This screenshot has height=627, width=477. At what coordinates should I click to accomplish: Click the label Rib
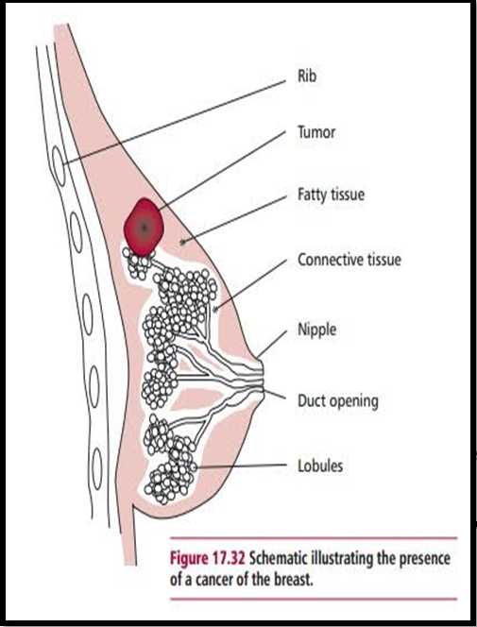[x=307, y=76]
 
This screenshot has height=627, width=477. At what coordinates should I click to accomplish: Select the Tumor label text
[x=316, y=132]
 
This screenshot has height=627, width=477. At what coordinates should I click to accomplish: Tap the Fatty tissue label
[x=331, y=195]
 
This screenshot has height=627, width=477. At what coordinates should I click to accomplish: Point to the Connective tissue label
[x=349, y=260]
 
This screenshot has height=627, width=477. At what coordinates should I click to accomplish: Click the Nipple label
[x=317, y=330]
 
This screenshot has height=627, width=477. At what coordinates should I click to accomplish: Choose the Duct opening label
[x=338, y=400]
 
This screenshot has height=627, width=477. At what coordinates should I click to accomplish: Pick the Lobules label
[x=320, y=466]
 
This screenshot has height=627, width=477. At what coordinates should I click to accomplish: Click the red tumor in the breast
[x=144, y=228]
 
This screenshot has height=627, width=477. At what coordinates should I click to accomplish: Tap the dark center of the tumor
[x=145, y=228]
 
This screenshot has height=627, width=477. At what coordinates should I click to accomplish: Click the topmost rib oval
[x=59, y=165]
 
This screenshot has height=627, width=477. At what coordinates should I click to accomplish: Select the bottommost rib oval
[x=96, y=468]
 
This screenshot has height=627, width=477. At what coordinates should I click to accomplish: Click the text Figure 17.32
[x=207, y=559]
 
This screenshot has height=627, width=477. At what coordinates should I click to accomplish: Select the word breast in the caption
[x=293, y=580]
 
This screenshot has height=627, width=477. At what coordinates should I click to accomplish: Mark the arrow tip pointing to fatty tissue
[x=182, y=242]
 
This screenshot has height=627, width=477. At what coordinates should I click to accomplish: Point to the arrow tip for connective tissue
[x=216, y=309]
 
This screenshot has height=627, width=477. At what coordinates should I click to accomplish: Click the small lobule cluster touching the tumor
[x=138, y=263]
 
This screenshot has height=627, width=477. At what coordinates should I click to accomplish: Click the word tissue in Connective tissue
[x=381, y=260]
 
